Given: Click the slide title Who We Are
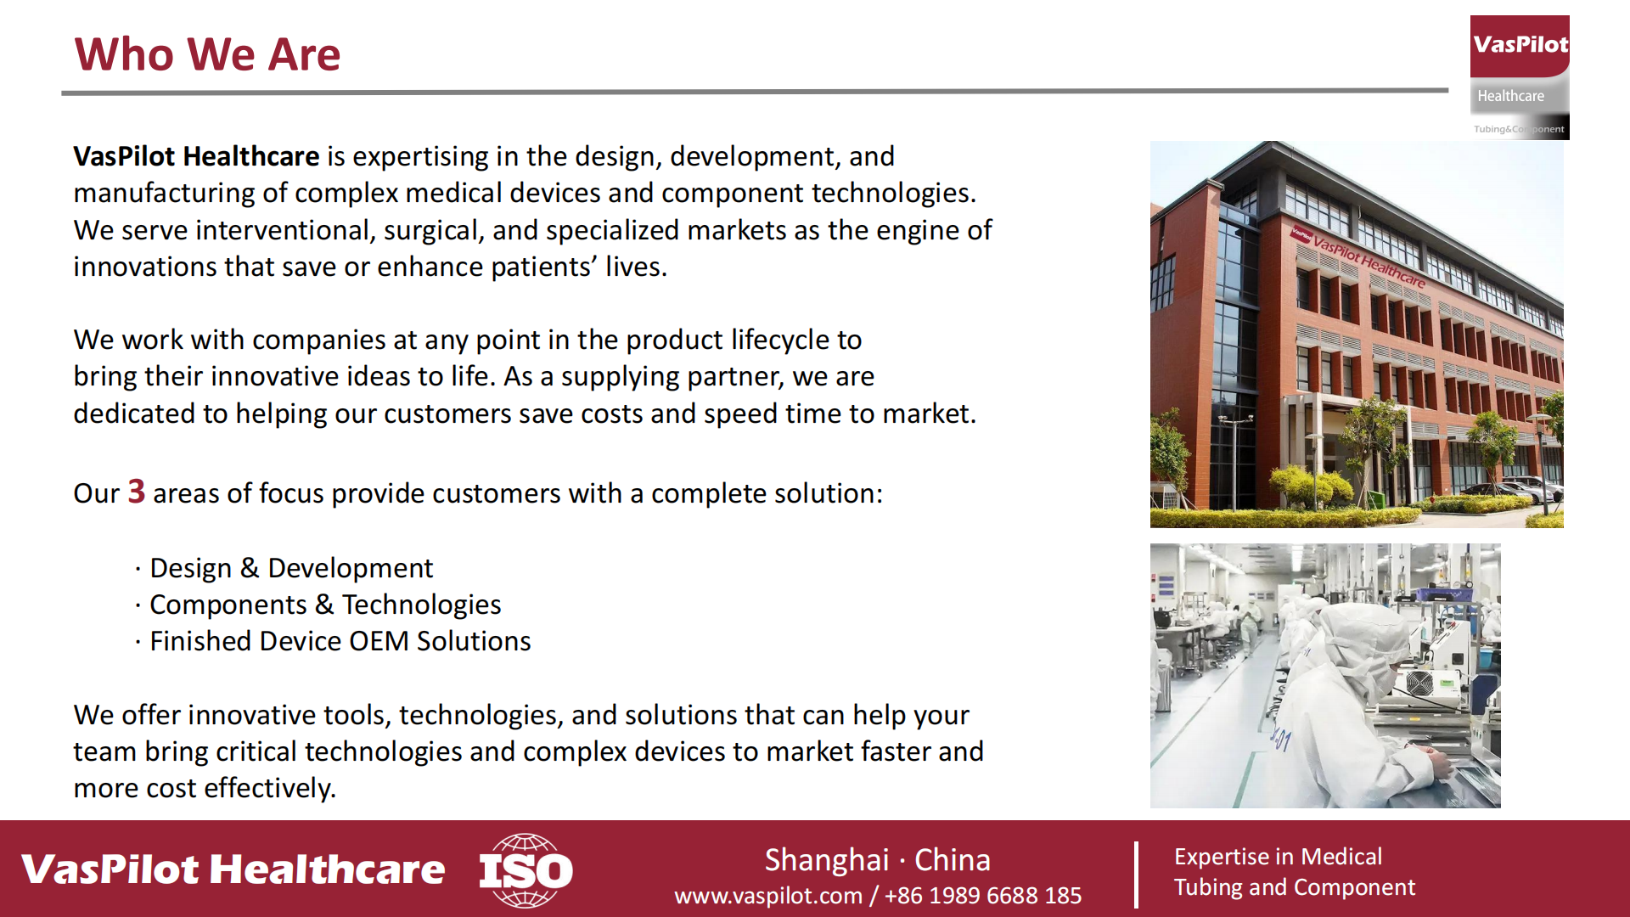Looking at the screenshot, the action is point(207,54).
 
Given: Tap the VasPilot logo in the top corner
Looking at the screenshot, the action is point(1520,77).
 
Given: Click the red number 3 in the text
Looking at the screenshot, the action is point(137,492).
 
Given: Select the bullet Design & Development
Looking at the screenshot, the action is point(291,568).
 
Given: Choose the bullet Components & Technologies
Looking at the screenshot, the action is point(325,605).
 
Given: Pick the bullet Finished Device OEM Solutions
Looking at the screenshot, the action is point(340,641).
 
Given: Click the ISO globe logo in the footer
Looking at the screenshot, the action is point(526,870).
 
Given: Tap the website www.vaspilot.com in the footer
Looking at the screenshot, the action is point(768,896).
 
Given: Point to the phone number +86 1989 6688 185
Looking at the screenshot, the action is point(983,896).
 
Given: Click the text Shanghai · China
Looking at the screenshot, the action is point(878,860).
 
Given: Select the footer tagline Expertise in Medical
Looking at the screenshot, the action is point(1279,857).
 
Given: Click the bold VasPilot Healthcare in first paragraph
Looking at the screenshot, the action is point(196,156).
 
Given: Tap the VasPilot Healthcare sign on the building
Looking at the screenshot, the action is point(1358,256).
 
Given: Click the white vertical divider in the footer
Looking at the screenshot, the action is point(1136,875).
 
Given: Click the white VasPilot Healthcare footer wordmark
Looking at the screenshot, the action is point(233,869).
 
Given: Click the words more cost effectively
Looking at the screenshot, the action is point(205,788).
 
